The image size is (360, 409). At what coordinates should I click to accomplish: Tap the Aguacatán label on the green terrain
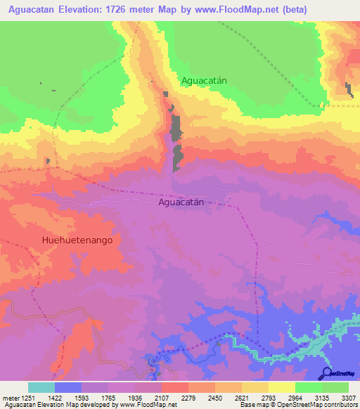204,81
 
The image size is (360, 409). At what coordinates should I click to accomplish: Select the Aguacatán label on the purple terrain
181,202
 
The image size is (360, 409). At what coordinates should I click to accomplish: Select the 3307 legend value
349,397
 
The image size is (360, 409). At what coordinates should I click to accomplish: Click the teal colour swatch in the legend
41,387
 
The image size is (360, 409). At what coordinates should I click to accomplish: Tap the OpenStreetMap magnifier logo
326,373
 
